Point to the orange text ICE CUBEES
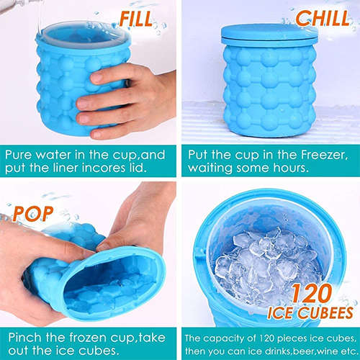coord(312,315)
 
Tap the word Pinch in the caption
coord(27,336)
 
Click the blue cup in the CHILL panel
coord(269,86)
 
